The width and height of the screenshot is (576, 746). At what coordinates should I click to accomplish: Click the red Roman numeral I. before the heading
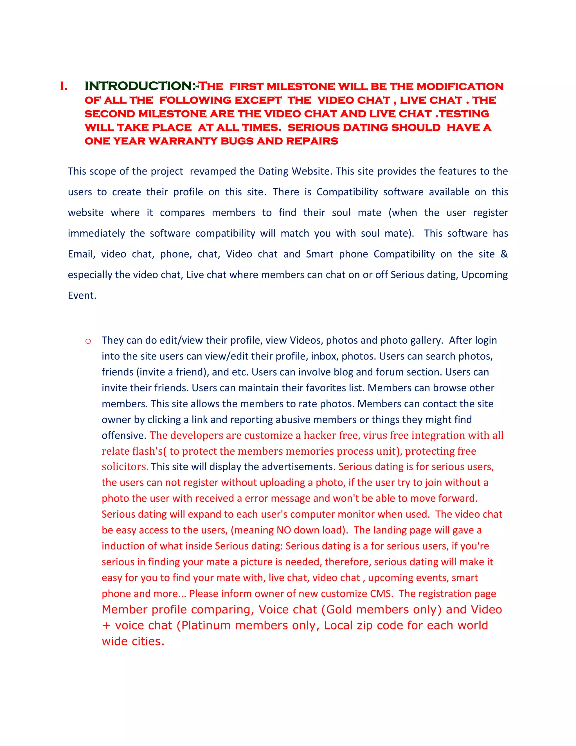point(64,86)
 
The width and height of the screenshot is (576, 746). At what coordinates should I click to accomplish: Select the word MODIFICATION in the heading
point(460,86)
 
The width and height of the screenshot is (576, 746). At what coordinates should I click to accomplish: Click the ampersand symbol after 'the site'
point(504,254)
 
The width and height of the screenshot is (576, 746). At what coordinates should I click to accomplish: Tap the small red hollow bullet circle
point(88,341)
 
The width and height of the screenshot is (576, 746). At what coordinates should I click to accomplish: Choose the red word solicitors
point(125,467)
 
